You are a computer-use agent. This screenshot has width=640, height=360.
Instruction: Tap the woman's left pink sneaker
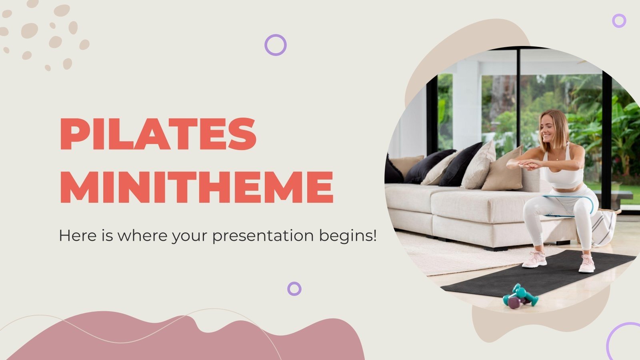(x=586, y=264)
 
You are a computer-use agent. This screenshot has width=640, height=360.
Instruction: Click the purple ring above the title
(x=276, y=45)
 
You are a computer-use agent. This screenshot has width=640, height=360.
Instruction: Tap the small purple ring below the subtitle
(x=294, y=288)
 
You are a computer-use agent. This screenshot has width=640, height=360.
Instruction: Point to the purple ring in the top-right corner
(x=619, y=20)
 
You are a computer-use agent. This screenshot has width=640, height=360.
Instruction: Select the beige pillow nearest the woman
(x=502, y=170)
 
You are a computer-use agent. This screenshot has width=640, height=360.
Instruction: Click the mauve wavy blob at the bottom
(x=180, y=340)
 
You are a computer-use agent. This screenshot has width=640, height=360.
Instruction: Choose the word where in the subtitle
(x=143, y=236)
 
